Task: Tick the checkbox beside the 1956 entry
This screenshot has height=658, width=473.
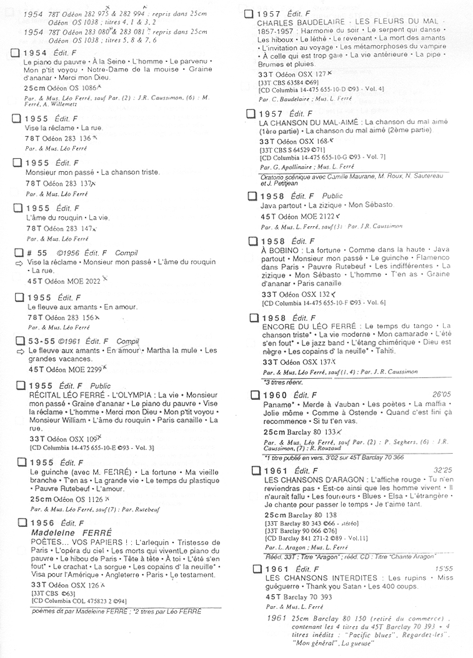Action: pos(22,522)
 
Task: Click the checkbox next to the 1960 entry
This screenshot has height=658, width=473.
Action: pos(254,395)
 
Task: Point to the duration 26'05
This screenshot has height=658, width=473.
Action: pos(441,395)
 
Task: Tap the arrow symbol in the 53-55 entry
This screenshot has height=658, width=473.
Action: pos(21,351)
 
